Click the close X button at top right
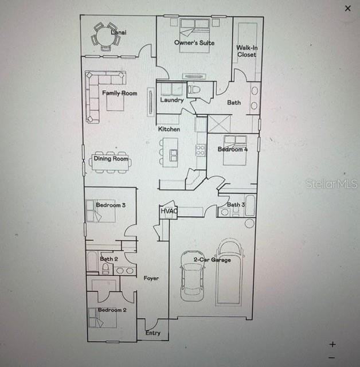tap(347, 8)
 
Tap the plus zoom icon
tap(332, 344)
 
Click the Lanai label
tap(119, 33)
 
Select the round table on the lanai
tap(105, 37)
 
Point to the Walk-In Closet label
tap(247, 52)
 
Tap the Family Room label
tap(120, 93)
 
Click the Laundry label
tap(171, 100)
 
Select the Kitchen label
tap(169, 130)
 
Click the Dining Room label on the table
tap(111, 159)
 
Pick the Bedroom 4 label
tap(233, 150)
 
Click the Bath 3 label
tap(236, 205)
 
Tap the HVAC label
tap(169, 211)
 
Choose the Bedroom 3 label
tap(111, 205)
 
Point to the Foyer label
tap(151, 278)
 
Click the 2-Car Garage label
tap(212, 260)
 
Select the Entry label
tap(153, 333)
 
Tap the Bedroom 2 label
tap(112, 310)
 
